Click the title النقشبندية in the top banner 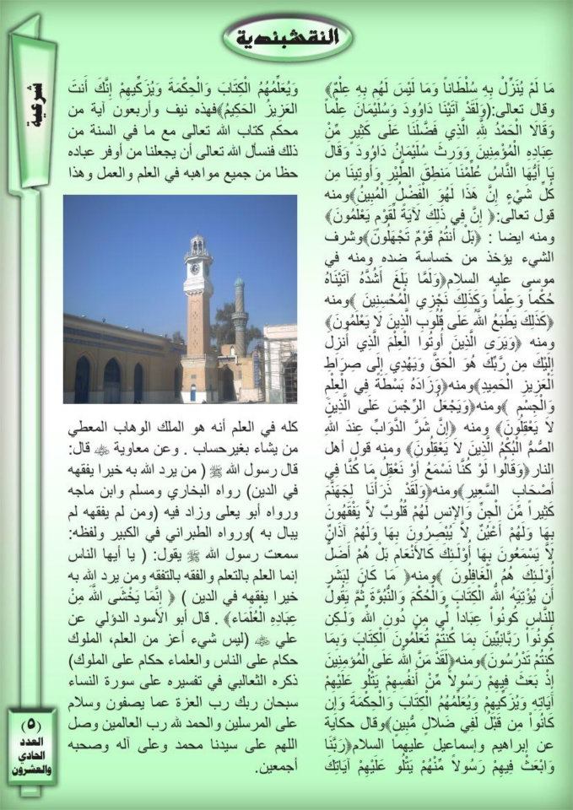pyautogui.click(x=286, y=37)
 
